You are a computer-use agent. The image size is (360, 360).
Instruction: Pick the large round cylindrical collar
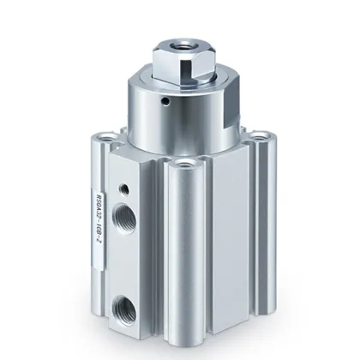pyautogui.click(x=184, y=120)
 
